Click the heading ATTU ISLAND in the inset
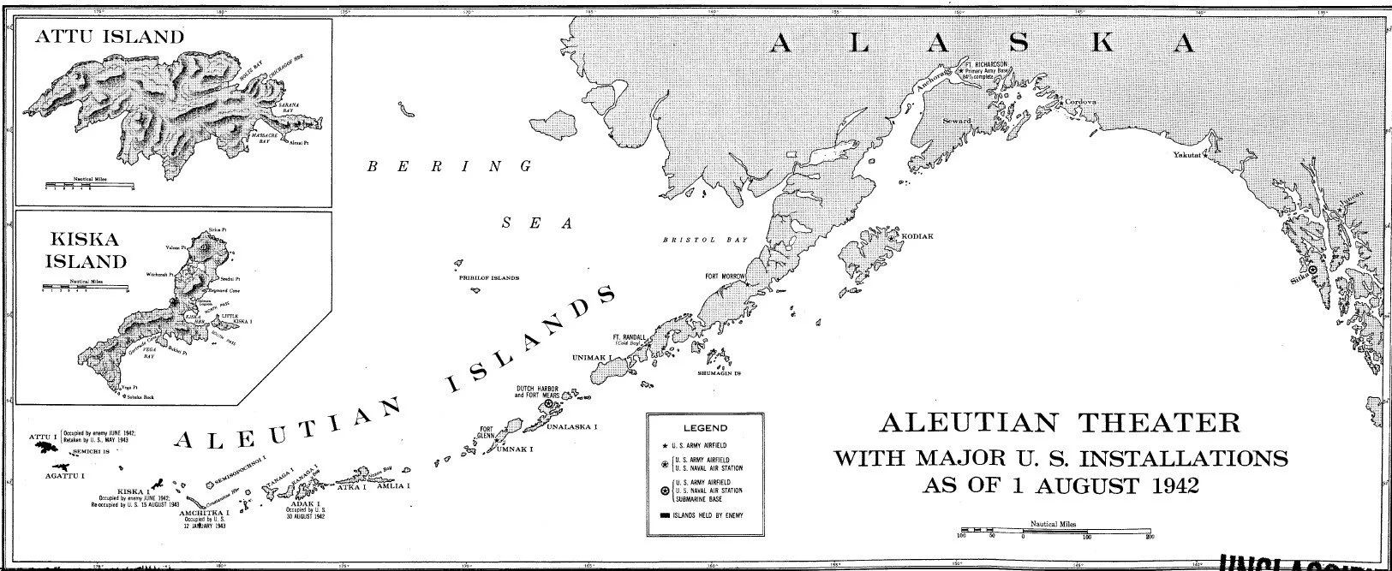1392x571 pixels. (x=109, y=37)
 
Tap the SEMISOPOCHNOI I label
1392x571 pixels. (x=237, y=482)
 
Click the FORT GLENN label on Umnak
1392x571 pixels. (x=487, y=433)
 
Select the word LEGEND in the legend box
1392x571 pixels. (x=704, y=427)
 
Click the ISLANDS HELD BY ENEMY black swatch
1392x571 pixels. (x=665, y=514)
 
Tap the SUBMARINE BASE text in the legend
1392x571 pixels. (x=708, y=497)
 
